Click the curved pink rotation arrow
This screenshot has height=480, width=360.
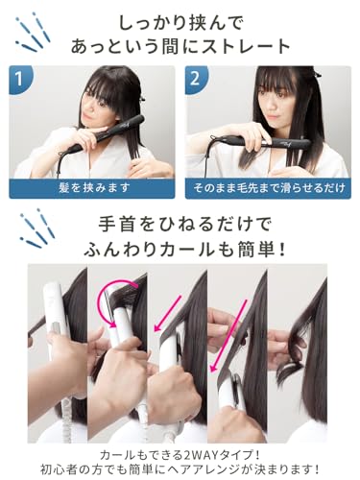pyautogui.click(x=113, y=304)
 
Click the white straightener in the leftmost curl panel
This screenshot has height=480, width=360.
pyautogui.click(x=50, y=346)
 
